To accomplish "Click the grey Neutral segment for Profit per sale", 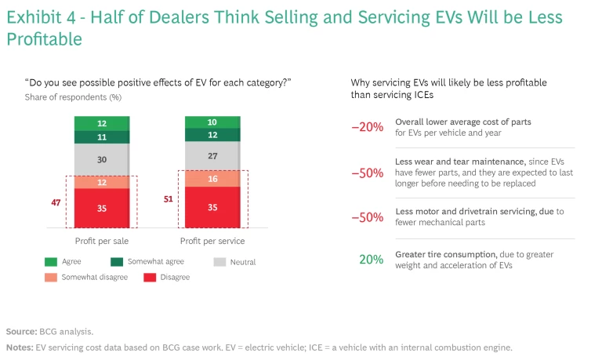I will click(102, 159).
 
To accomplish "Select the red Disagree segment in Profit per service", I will click(212, 208).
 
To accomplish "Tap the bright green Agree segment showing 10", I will click(212, 122).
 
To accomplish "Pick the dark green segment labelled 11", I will click(102, 136).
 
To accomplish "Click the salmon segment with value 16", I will click(212, 179).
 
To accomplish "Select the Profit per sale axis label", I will click(102, 240).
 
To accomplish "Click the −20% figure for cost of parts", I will click(368, 127).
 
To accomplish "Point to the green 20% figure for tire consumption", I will click(372, 259).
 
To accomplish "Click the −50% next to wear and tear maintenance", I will click(368, 173).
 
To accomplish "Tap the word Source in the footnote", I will click(20, 332).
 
